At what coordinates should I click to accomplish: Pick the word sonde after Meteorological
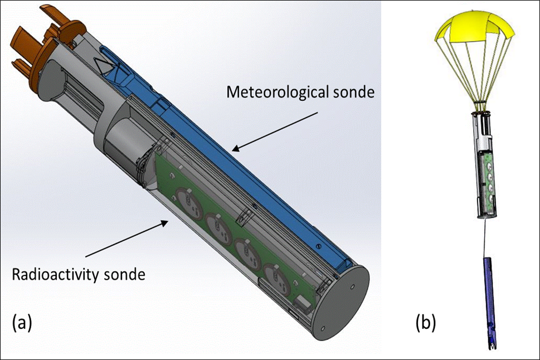(352, 92)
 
